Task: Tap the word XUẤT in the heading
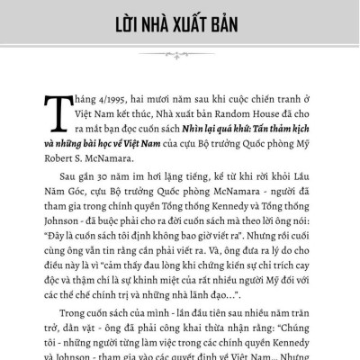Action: click(x=193, y=21)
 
